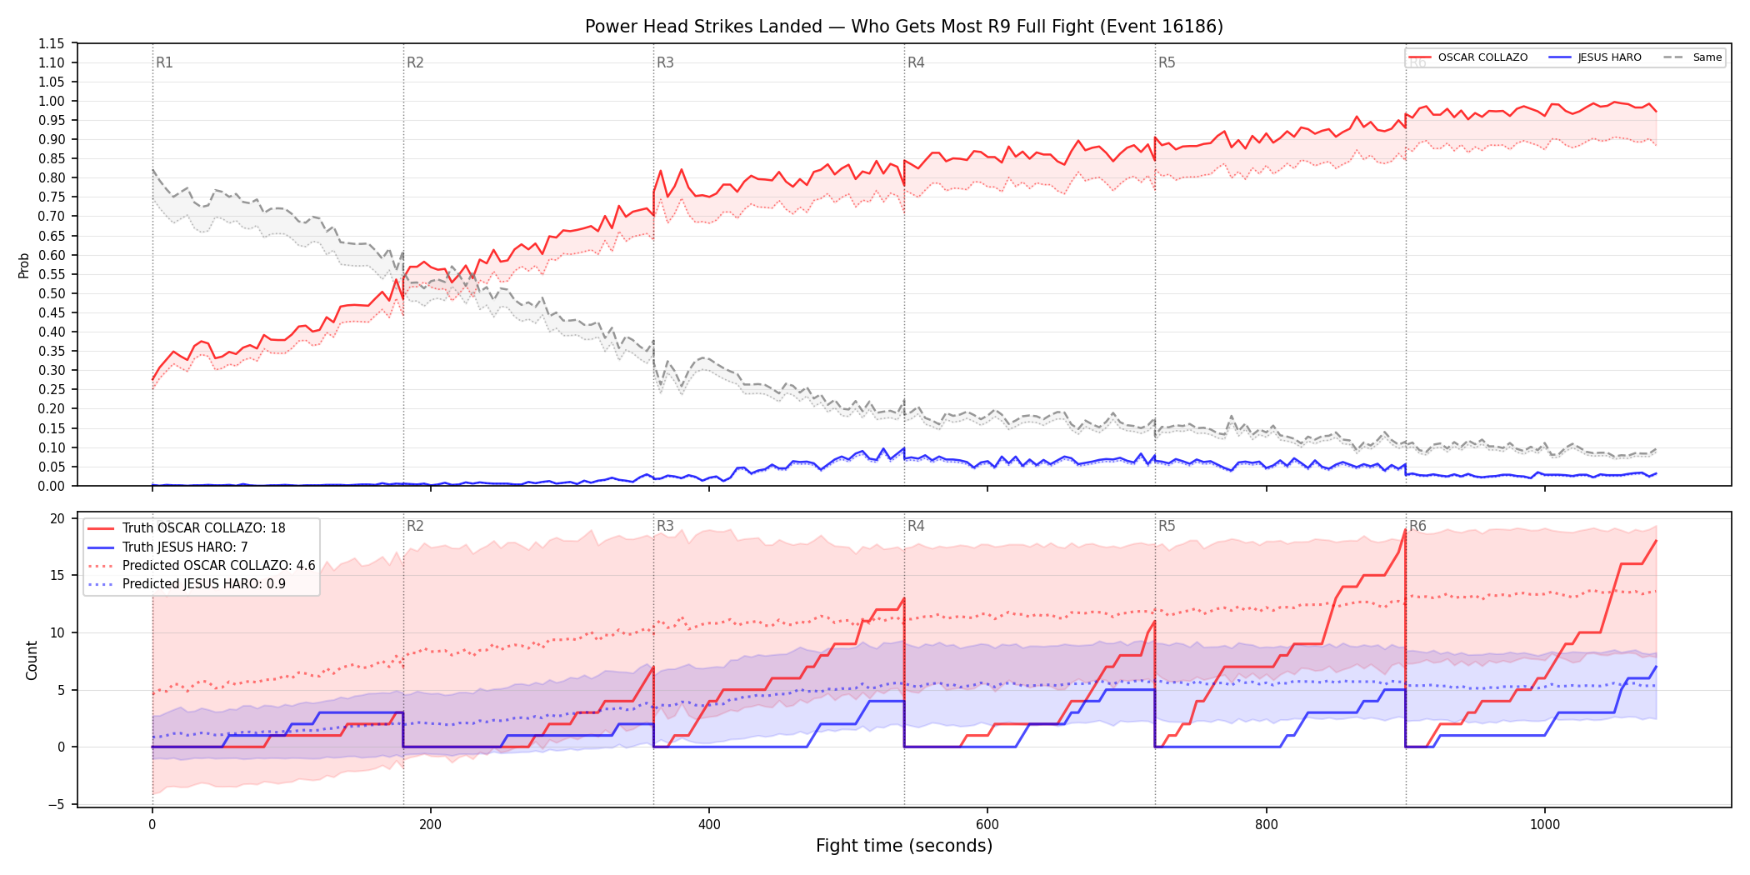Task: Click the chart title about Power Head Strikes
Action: [904, 27]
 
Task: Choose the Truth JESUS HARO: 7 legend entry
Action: [185, 547]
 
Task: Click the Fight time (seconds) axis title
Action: [904, 846]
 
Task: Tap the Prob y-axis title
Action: [24, 265]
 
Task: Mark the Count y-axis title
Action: [32, 660]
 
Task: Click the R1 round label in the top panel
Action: [164, 62]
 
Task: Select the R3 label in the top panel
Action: [665, 62]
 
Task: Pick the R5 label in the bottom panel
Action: [1167, 526]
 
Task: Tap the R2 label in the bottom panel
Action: [415, 526]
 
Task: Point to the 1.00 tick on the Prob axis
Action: [52, 101]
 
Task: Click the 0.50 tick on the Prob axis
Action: [52, 293]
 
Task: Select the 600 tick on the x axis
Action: [987, 825]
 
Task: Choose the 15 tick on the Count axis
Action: [57, 575]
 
